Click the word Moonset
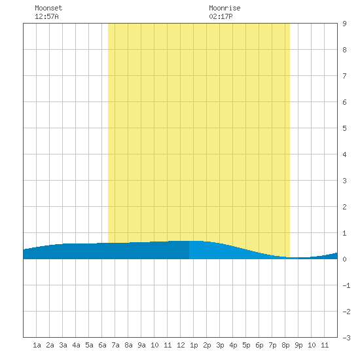coord(48,8)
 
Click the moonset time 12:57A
coord(46,16)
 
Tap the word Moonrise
coord(225,8)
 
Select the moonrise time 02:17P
coord(221,16)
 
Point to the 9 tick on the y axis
coord(344,24)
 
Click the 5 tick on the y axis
coord(344,128)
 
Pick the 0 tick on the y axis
coord(344,259)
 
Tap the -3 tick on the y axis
coord(346,338)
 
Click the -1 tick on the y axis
coord(346,285)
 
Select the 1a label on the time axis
coord(37,345)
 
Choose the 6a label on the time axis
coord(102,345)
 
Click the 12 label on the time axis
coord(181,345)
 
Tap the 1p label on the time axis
coord(194,345)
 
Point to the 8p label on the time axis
coord(285,345)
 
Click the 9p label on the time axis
coord(298,345)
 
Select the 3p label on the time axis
coord(220,345)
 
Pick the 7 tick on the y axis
coord(344,76)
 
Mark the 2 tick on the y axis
coord(344,207)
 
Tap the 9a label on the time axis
coord(141,345)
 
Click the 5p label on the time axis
coord(246,345)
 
